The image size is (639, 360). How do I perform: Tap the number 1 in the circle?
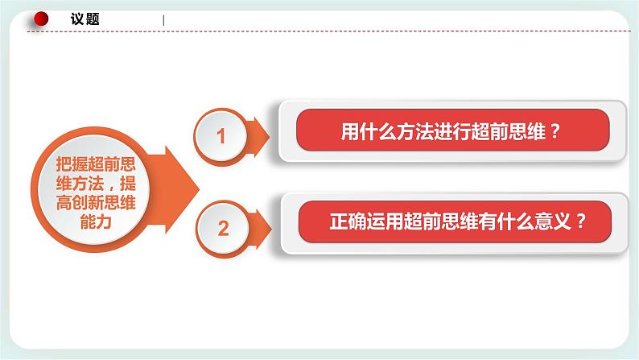coord(222,137)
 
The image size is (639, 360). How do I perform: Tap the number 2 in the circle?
coord(224,229)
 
